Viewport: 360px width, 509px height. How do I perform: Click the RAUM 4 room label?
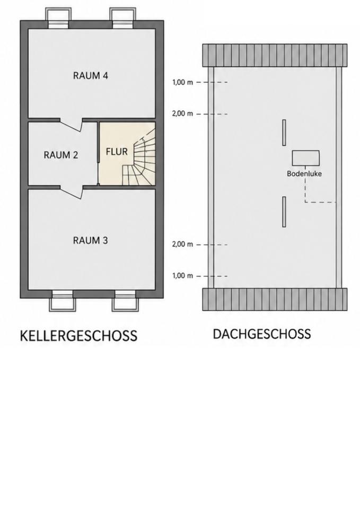[x=90, y=76]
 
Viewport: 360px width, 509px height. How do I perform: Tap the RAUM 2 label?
[x=60, y=155]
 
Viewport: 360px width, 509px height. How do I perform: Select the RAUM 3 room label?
[x=90, y=241]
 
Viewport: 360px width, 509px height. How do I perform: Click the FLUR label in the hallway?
[x=117, y=152]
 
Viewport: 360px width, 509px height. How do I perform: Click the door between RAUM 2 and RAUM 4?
[x=72, y=125]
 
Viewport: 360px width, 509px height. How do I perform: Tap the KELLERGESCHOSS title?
[x=78, y=336]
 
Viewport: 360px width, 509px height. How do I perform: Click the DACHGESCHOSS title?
[x=261, y=334]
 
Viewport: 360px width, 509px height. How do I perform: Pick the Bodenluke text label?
[x=304, y=174]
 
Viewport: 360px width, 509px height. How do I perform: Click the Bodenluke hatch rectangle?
[x=305, y=158]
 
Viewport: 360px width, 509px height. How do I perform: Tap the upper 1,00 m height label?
[x=182, y=83]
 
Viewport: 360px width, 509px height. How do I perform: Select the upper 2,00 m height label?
[x=182, y=113]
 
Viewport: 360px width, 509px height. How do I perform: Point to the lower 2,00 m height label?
[x=182, y=244]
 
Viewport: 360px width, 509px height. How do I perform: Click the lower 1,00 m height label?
[x=182, y=276]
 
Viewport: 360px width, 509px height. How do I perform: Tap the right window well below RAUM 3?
[x=125, y=301]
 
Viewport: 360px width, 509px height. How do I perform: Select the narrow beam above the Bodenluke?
[x=284, y=133]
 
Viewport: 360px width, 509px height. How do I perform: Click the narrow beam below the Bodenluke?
[x=284, y=212]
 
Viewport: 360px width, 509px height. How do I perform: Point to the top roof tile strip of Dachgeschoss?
[x=275, y=56]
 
